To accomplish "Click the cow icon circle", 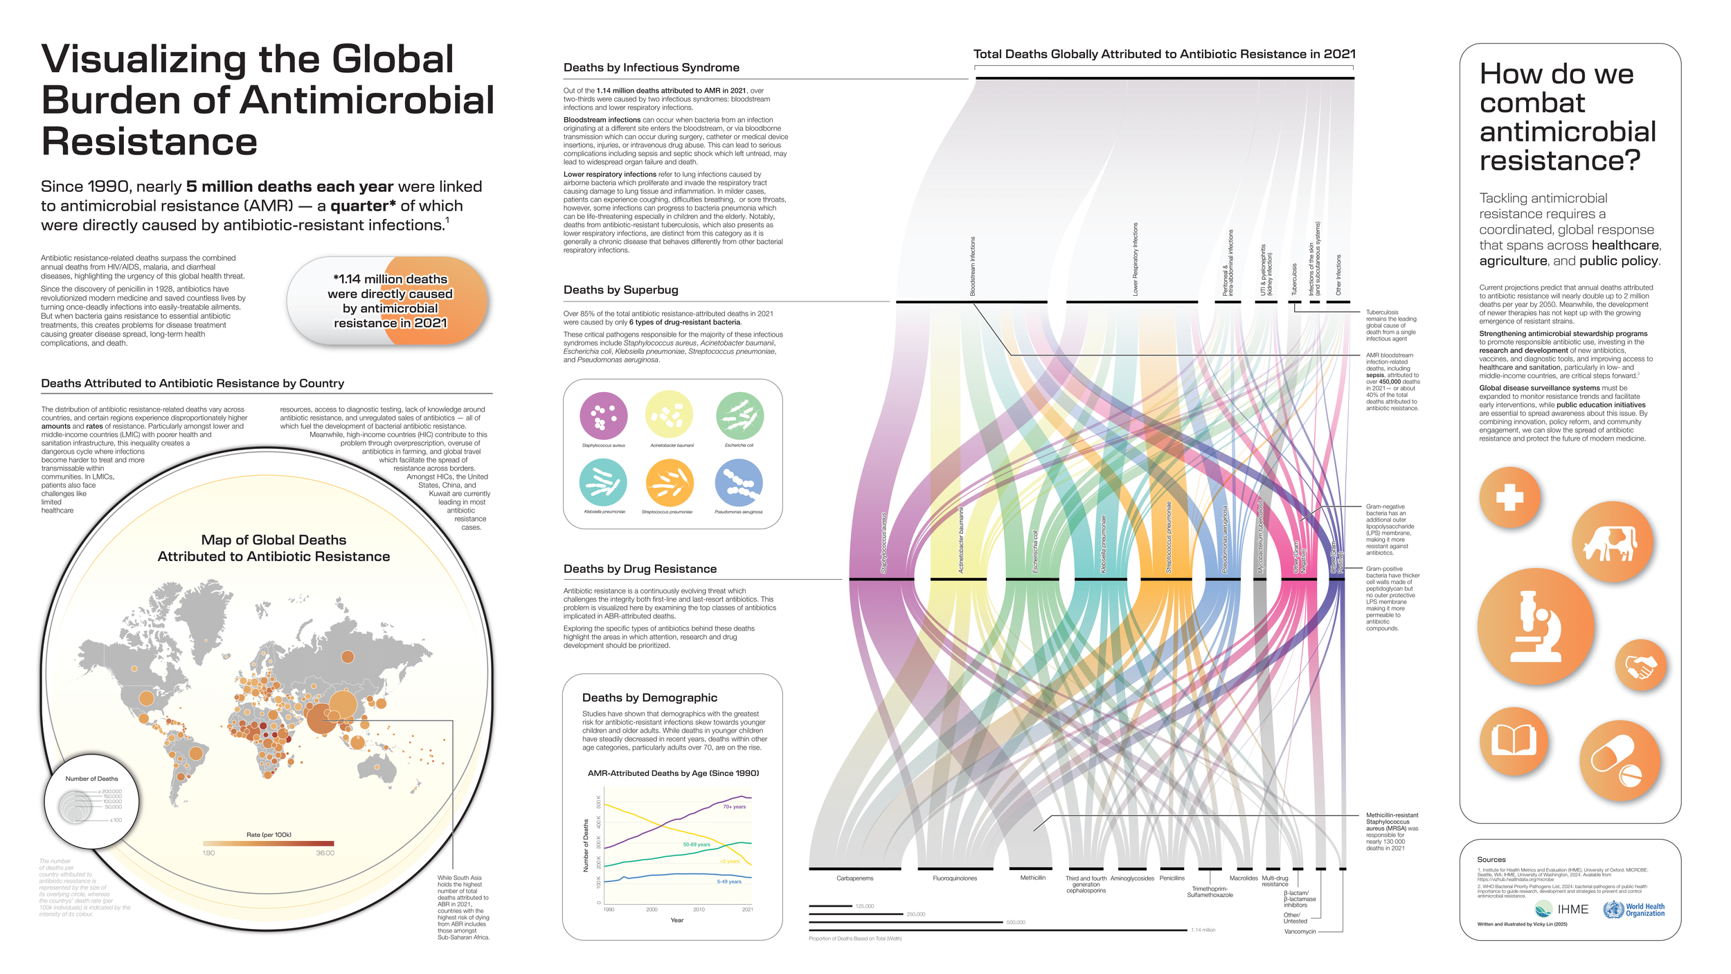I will coord(1613,543).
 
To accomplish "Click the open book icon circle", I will coord(1514,741).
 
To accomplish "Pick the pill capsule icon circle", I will coord(1620,761).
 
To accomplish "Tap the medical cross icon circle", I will coord(1510,497).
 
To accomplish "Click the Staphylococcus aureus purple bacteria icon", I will coord(604,416).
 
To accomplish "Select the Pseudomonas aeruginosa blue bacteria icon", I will coord(738,483).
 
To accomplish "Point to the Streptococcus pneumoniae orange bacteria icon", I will coord(669,483).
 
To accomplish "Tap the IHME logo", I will coord(1561,909).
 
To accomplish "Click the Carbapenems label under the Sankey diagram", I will coord(855,878).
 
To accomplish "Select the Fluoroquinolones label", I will coord(955,878).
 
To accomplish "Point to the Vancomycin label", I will coord(1300,932).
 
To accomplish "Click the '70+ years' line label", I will coord(735,807).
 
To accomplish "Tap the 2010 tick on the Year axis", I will coord(699,910).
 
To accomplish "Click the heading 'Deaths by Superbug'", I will coord(620,290).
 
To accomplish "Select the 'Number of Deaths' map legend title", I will coord(92,779).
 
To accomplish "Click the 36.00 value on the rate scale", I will coord(325,853).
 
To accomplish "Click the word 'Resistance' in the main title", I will coord(150,142).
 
